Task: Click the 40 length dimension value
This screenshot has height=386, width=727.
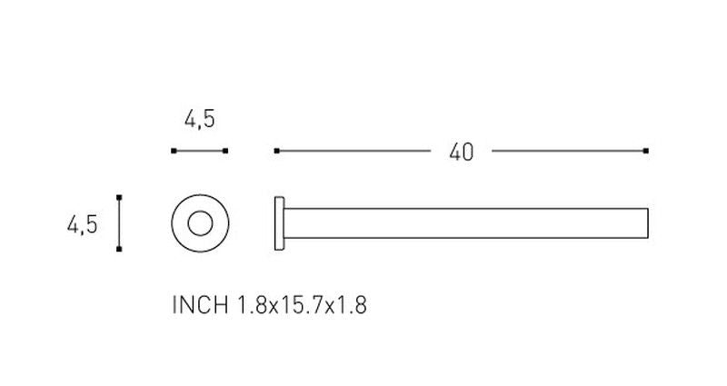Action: coord(462,152)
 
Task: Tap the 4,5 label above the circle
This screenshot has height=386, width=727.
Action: coord(200,120)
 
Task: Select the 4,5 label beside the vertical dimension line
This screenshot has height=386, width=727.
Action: coord(83,224)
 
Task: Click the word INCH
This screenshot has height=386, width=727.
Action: coord(200,305)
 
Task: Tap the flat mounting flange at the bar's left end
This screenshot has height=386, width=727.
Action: coord(279,223)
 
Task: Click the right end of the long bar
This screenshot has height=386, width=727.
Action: coord(648,223)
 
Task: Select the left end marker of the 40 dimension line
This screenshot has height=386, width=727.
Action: coord(277,151)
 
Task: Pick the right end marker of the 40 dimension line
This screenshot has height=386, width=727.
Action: coord(646,151)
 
